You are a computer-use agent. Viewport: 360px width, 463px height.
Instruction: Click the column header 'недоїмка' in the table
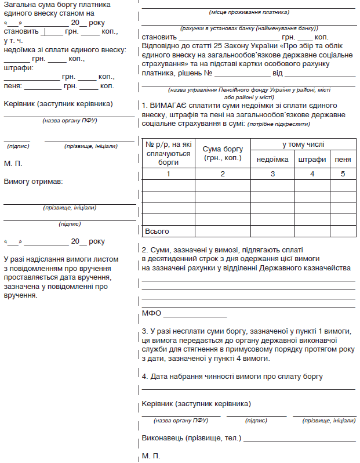(272, 160)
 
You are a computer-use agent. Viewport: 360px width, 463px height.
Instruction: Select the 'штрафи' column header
(312, 160)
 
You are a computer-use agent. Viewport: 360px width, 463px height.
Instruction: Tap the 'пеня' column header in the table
(343, 160)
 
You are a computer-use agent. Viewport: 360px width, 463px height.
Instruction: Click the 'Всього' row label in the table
(157, 231)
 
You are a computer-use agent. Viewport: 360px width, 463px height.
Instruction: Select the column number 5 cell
(343, 173)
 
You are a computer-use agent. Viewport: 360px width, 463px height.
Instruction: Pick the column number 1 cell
(168, 173)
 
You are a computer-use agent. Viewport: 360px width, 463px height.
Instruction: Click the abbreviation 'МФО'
(151, 313)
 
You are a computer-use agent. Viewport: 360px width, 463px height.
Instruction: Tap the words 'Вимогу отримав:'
(33, 181)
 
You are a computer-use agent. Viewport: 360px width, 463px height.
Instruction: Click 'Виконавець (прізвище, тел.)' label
(191, 437)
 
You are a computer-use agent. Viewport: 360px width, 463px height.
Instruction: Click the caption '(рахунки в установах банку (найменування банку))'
(249, 28)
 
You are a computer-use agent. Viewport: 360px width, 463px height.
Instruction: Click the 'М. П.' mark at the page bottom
(151, 456)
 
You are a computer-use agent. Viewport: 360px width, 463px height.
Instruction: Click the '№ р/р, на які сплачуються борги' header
(168, 153)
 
